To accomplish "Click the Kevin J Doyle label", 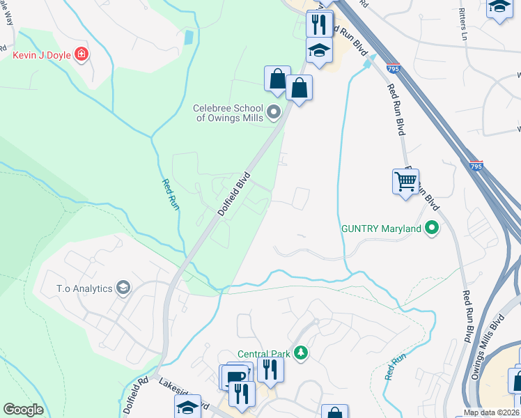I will pyautogui.click(x=42, y=54).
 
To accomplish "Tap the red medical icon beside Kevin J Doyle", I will pyautogui.click(x=81, y=54).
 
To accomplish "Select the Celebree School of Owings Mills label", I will pyautogui.click(x=228, y=113).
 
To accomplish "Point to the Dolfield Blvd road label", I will pyautogui.click(x=233, y=194).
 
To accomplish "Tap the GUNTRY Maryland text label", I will pyautogui.click(x=381, y=229).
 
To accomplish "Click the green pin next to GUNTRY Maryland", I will pyautogui.click(x=432, y=228).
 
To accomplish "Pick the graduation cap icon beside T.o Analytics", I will pyautogui.click(x=123, y=288).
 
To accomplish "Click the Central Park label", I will pyautogui.click(x=263, y=353).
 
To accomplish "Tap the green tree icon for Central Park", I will pyautogui.click(x=301, y=353).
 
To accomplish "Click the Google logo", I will pyautogui.click(x=23, y=410).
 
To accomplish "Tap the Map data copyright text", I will pyautogui.click(x=490, y=413).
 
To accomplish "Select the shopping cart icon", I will pyautogui.click(x=405, y=181).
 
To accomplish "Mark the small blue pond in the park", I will pyautogui.click(x=188, y=38).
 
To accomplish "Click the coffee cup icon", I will pyautogui.click(x=236, y=377).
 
